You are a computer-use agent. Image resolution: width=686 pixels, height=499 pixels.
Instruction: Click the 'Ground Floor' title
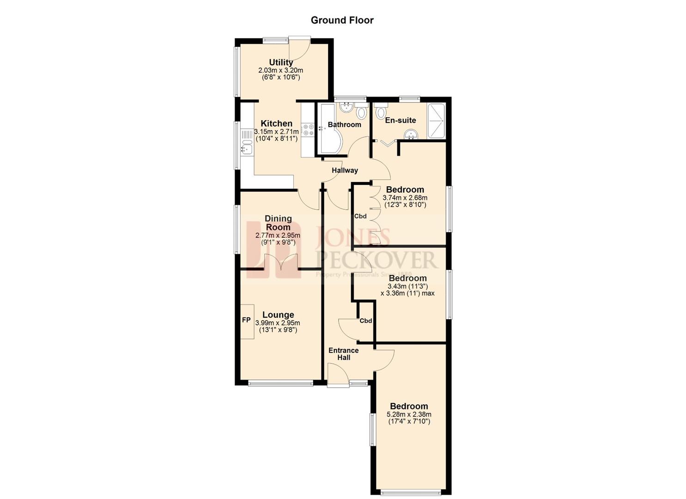(342, 20)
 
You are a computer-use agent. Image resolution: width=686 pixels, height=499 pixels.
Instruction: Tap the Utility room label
(281, 62)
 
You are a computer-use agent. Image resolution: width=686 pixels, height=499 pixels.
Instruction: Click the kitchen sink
(245, 149)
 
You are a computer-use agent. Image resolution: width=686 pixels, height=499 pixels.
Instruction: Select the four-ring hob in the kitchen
(308, 130)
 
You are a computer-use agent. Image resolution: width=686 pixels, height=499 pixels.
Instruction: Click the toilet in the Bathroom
(361, 112)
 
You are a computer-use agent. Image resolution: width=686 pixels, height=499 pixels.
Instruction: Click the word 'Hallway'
(345, 170)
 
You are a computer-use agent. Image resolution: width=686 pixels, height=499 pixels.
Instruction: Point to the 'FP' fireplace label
(246, 320)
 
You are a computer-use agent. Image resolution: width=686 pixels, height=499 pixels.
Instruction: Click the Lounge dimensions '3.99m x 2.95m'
(278, 323)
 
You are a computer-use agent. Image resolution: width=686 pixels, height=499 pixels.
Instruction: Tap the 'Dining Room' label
(278, 223)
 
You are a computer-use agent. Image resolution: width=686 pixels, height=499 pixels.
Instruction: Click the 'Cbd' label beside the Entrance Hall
(366, 321)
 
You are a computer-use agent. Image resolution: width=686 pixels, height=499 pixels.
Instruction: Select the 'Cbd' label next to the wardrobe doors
(360, 216)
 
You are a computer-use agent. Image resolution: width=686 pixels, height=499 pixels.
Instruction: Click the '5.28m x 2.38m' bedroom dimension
(409, 414)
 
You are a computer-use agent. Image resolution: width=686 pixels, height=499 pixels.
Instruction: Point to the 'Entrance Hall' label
(343, 354)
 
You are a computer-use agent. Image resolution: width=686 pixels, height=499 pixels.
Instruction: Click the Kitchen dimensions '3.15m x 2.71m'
(276, 132)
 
